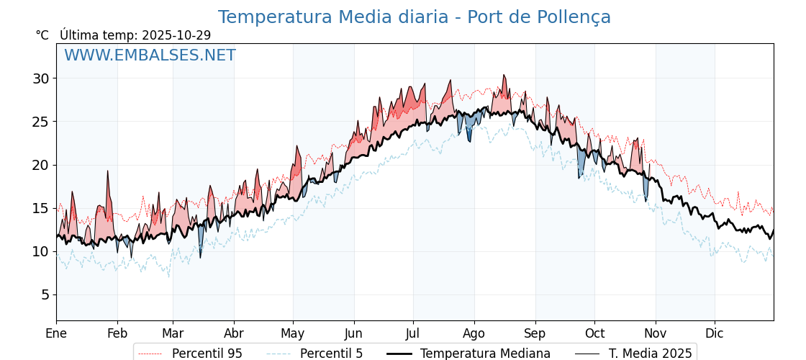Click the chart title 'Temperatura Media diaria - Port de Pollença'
coord(414,17)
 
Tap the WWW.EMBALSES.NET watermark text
coord(150,55)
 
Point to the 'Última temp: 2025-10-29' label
coord(135,35)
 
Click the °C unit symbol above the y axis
coord(42,35)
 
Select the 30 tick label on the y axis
coord(40,78)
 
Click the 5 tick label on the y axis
coord(45,294)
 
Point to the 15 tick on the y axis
coord(40,208)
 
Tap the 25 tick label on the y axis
coord(40,122)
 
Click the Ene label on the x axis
coord(56,333)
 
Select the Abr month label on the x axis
coord(234,333)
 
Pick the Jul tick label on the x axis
coord(413,333)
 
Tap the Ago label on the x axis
coord(474,333)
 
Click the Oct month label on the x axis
coord(594,333)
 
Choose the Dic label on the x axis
coord(715,333)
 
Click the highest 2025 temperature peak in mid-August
coord(504,75)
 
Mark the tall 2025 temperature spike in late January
coord(107,171)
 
